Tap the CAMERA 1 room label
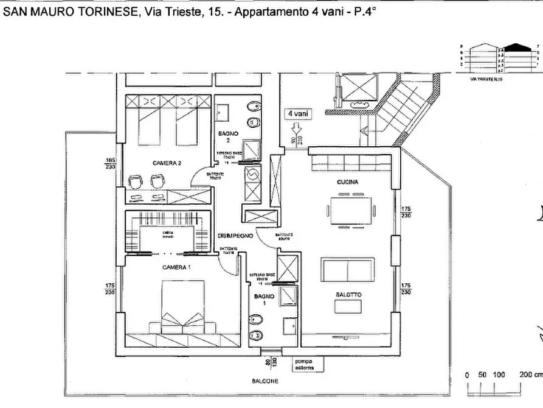[x=176, y=268]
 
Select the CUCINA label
[x=347, y=182]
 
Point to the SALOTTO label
[x=348, y=295]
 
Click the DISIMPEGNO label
[x=235, y=236]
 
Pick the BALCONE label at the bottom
[x=265, y=381]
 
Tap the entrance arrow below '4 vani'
[x=297, y=130]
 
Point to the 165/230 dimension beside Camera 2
[x=109, y=164]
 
